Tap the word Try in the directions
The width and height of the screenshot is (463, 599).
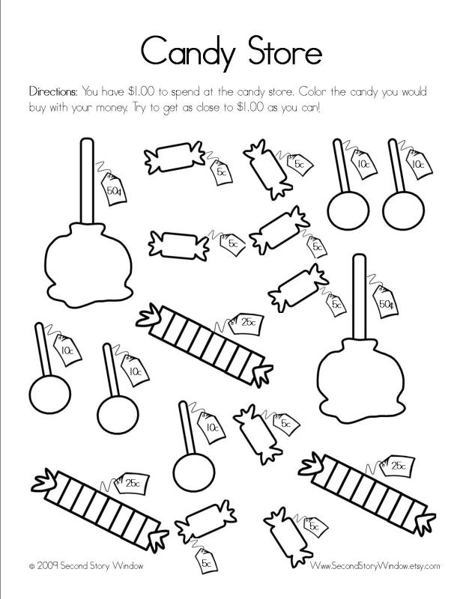(x=163, y=108)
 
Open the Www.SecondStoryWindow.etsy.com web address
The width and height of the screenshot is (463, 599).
(x=374, y=567)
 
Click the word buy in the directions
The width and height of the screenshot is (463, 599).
(x=39, y=108)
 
